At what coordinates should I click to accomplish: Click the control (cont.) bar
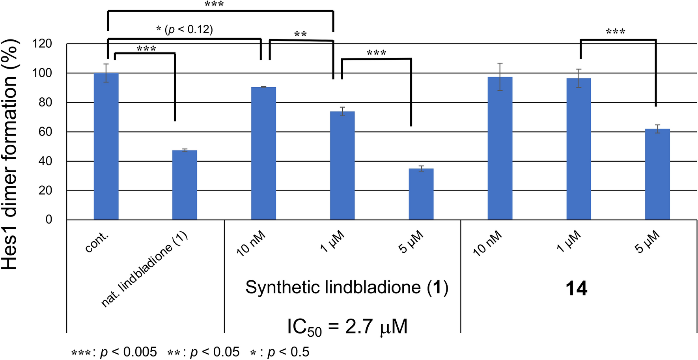point(106,146)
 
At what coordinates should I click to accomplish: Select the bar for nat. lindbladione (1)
point(185,185)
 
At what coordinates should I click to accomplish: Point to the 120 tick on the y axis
point(43,44)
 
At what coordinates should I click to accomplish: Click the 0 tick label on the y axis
point(49,220)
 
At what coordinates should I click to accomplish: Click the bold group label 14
point(576,289)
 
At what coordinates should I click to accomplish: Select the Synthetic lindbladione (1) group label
point(347,287)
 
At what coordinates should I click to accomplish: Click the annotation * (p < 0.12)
point(185,30)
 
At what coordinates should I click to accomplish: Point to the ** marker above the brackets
point(300,34)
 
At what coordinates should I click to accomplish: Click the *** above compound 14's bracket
point(615,32)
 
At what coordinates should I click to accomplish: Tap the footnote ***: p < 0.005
point(114,352)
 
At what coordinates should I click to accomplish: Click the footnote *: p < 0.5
point(280,352)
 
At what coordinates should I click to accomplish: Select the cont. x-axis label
point(97,242)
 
